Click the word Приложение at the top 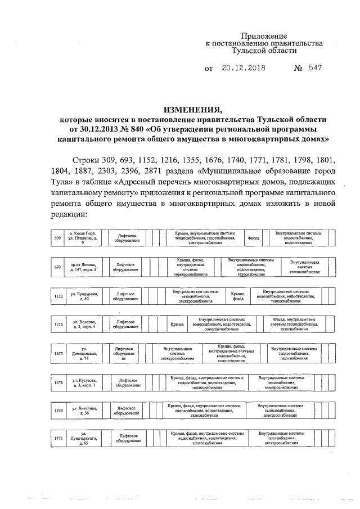pos(264,35)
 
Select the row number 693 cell pos(57,267)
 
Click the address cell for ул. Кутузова pos(83,383)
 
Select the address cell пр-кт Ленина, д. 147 pos(83,267)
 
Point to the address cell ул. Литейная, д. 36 pos(83,411)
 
